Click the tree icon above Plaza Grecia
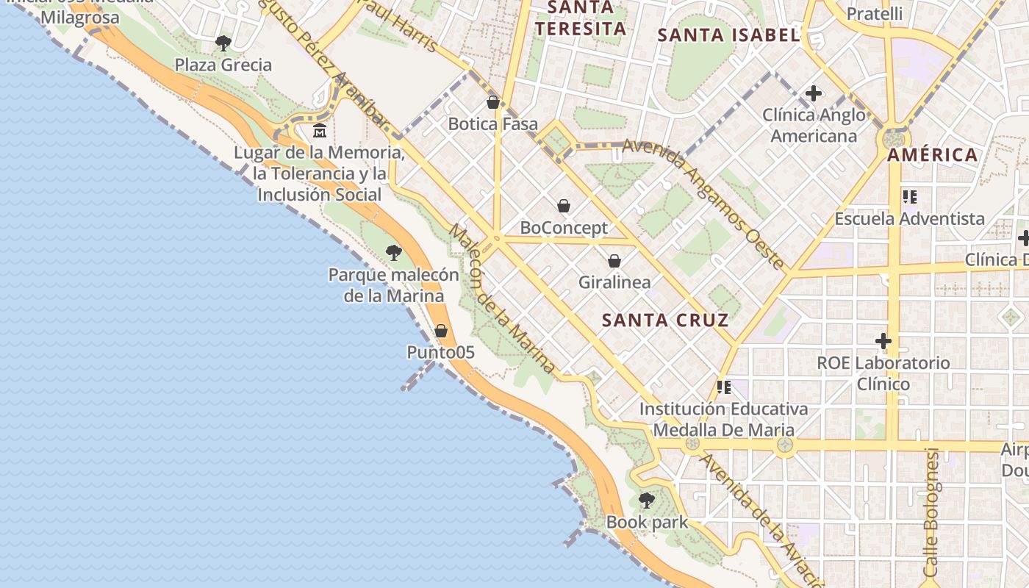pos(223,43)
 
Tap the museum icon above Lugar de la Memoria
pos(320,131)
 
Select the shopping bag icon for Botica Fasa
pos(493,102)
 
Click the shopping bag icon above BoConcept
pos(564,206)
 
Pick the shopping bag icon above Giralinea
pos(614,260)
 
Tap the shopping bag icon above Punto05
pos(441,331)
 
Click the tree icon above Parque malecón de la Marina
pos(394,253)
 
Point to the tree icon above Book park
pos(647,501)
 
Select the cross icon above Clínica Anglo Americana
pos(813,93)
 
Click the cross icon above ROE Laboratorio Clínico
pos(883,341)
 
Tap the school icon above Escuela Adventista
pos(910,196)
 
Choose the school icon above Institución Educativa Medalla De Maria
pos(724,387)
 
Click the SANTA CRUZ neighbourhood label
pos(665,320)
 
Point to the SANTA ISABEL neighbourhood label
pos(728,35)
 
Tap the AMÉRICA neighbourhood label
pos(932,155)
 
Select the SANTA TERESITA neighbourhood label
pos(581,18)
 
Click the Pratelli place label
pos(875,13)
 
